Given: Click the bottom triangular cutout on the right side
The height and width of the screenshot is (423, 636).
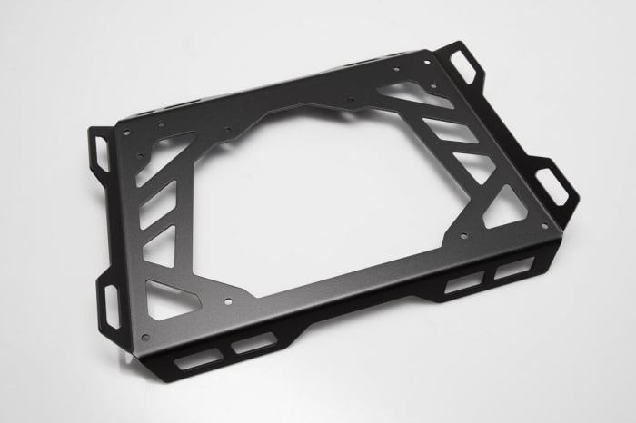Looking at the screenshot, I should coord(503,210).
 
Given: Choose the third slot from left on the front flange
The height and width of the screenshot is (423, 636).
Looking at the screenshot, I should coord(463,282).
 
